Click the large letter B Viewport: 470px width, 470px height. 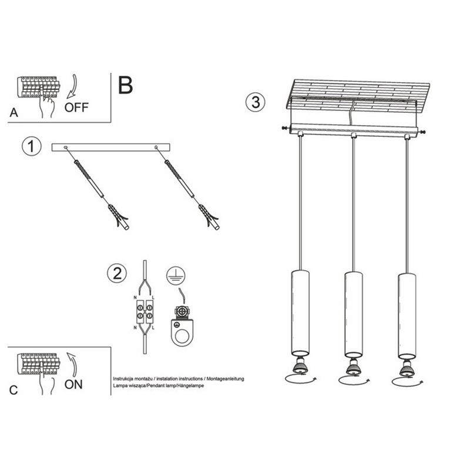[x=125, y=86]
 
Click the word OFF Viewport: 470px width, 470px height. [x=76, y=107]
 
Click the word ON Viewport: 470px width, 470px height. [x=73, y=385]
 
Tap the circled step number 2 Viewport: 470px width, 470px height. [x=117, y=273]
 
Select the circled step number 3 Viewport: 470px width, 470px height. [x=254, y=102]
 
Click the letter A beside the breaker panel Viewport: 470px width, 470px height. [x=14, y=112]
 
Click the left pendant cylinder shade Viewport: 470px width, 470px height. [x=300, y=311]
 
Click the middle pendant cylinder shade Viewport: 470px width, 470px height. [x=352, y=313]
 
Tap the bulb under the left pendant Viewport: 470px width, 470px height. [x=300, y=366]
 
